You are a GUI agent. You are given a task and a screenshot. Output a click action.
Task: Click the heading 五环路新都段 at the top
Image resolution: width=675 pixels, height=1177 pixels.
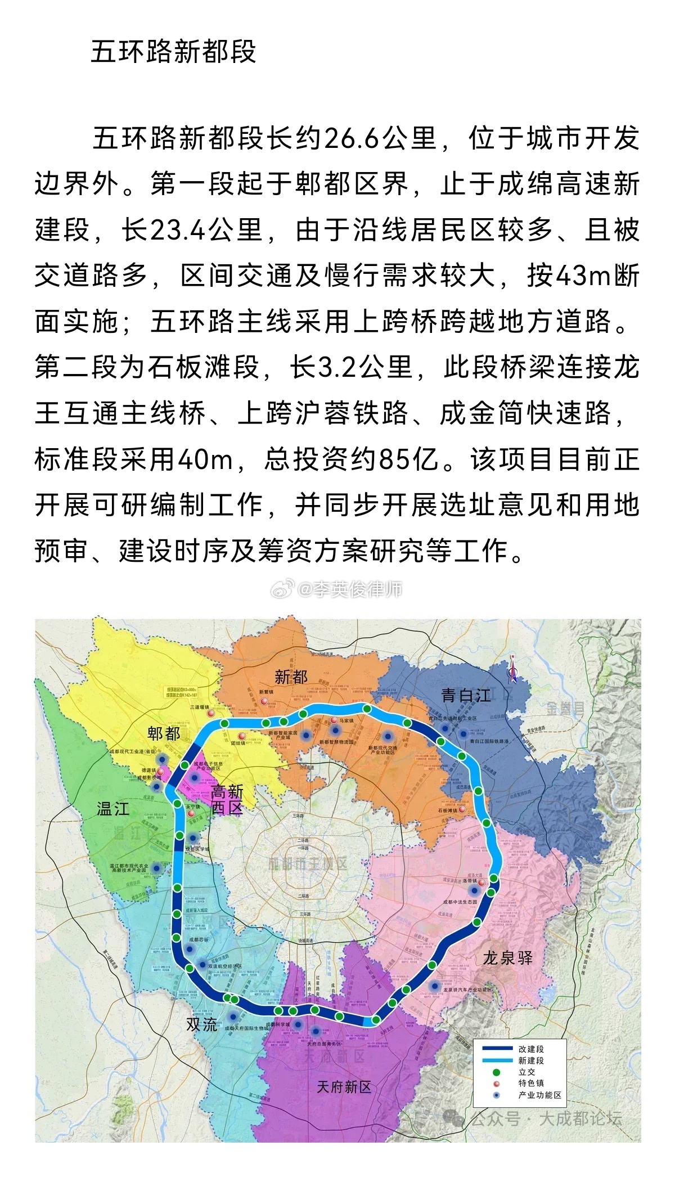point(173,52)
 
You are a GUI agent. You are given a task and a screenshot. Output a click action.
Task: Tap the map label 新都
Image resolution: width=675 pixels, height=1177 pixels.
point(291,677)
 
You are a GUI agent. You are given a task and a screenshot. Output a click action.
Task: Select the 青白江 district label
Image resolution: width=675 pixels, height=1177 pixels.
point(465,696)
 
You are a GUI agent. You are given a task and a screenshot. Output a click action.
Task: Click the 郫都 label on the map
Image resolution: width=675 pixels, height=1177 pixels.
point(164,733)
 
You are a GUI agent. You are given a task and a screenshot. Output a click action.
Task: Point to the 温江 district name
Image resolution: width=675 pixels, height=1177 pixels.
point(113,809)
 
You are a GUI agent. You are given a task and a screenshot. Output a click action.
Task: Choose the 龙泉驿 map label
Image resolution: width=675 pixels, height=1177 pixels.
point(507,958)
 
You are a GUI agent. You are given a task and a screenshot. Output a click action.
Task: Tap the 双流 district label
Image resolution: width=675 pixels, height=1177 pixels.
point(202,1025)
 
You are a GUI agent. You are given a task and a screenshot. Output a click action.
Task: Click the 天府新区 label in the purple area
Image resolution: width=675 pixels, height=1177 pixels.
point(344,1086)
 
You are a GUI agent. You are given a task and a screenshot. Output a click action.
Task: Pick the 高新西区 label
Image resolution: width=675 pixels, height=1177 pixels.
point(227,799)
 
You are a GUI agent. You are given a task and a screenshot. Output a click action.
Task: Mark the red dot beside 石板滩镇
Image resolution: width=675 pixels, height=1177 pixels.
point(462,810)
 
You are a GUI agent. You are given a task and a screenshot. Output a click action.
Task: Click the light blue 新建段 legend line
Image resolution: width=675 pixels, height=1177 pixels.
point(493,1061)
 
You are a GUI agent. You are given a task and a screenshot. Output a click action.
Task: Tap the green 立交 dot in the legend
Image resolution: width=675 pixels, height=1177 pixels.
point(496,1072)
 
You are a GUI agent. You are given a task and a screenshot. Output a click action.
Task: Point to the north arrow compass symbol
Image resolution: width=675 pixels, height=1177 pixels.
point(512,670)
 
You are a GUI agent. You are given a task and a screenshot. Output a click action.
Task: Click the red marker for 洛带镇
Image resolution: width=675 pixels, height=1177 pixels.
point(481,882)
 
